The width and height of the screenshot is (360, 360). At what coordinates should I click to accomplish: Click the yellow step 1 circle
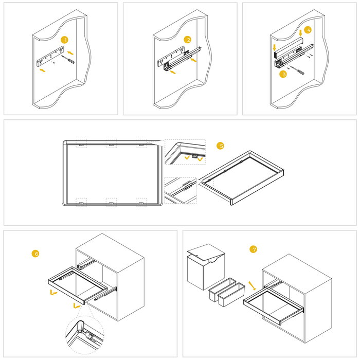64,40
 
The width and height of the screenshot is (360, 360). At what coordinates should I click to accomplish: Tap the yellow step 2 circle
188,40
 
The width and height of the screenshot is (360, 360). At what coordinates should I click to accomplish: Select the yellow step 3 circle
283,74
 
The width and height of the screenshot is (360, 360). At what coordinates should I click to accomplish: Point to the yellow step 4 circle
308,30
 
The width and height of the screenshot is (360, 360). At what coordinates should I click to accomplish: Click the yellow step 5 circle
221,146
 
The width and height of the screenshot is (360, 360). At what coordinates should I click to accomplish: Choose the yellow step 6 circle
35,254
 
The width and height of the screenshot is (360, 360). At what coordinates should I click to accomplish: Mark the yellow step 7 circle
253,249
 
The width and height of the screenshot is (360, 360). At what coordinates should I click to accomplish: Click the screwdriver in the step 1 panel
68,60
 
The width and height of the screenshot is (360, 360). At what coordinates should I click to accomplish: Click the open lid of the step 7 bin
206,252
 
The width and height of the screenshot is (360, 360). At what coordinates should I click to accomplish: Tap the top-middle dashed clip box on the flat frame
111,143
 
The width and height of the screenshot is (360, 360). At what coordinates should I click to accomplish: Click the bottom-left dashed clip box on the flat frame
81,202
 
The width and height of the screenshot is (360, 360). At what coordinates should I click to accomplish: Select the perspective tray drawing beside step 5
242,177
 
